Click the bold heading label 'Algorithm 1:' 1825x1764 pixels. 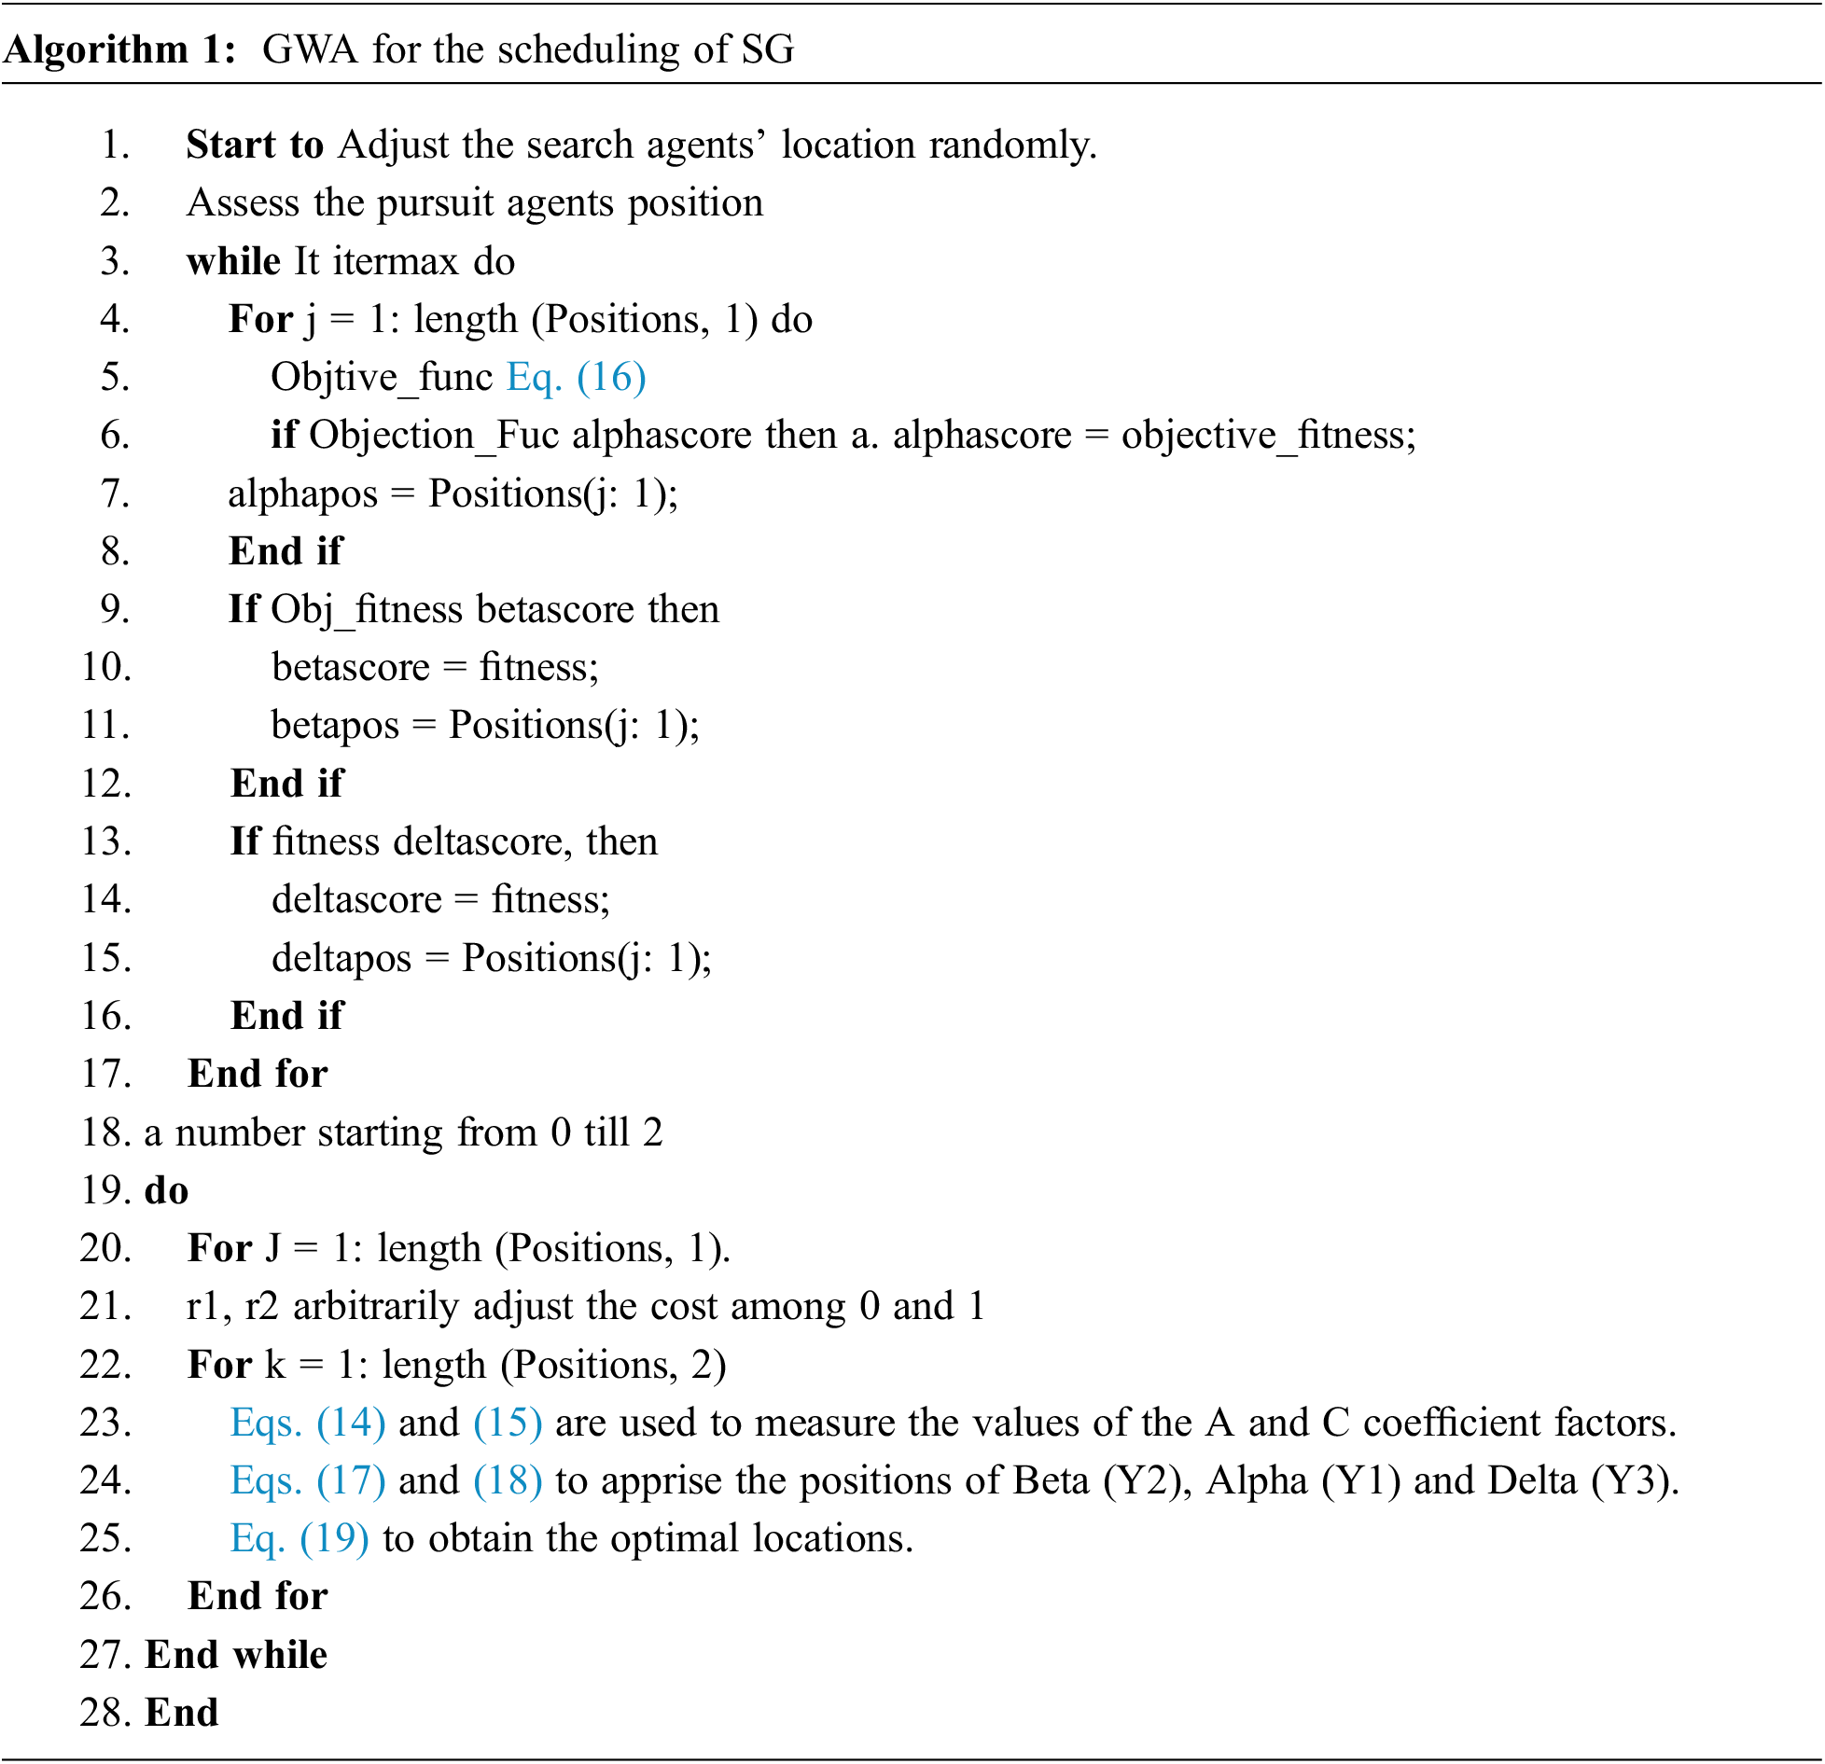click(119, 49)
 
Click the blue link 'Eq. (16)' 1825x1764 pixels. click(576, 377)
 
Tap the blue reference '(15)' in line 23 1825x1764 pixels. click(508, 1423)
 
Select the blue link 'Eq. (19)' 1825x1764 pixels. click(299, 1538)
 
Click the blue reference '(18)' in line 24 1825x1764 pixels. click(508, 1480)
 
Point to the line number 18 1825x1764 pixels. click(104, 1132)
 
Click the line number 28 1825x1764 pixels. click(104, 1713)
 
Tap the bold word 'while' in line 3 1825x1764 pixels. click(233, 261)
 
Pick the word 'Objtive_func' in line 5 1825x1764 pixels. click(381, 377)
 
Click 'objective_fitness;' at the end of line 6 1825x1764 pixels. click(1268, 436)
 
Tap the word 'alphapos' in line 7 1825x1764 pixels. click(302, 493)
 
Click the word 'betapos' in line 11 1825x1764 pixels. click(335, 726)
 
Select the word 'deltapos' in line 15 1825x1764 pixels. click(341, 958)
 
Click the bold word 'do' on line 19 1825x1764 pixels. click(166, 1190)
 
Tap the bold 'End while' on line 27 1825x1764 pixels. click(236, 1655)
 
